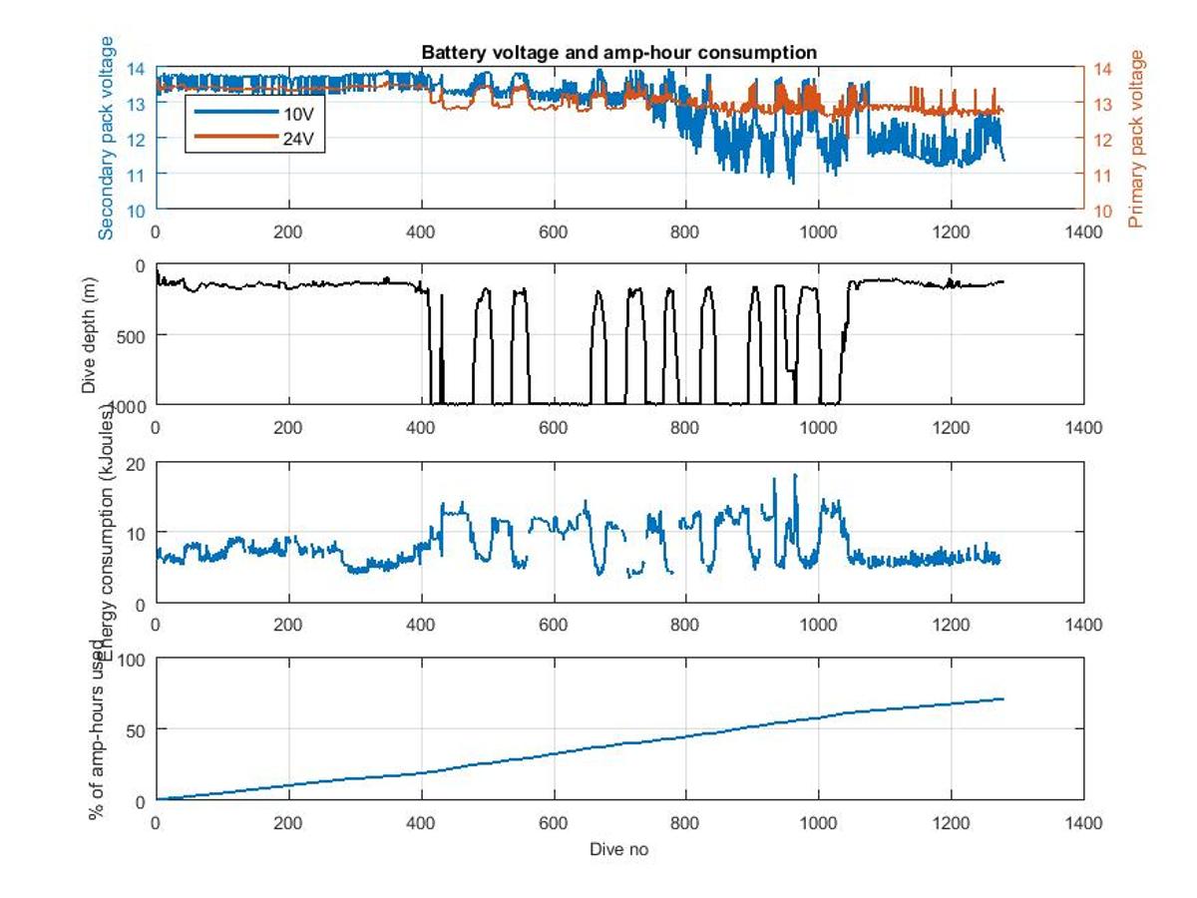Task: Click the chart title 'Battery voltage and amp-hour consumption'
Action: click(x=618, y=53)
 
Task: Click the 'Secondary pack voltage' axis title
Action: click(x=107, y=138)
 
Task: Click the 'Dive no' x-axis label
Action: click(x=618, y=849)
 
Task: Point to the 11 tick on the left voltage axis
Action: click(x=136, y=175)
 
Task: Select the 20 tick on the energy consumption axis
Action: click(x=136, y=463)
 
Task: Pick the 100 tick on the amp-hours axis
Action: click(x=131, y=660)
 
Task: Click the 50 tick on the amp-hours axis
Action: click(x=136, y=729)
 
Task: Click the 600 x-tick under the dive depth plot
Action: click(x=553, y=427)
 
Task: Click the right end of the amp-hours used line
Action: click(x=1002, y=698)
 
